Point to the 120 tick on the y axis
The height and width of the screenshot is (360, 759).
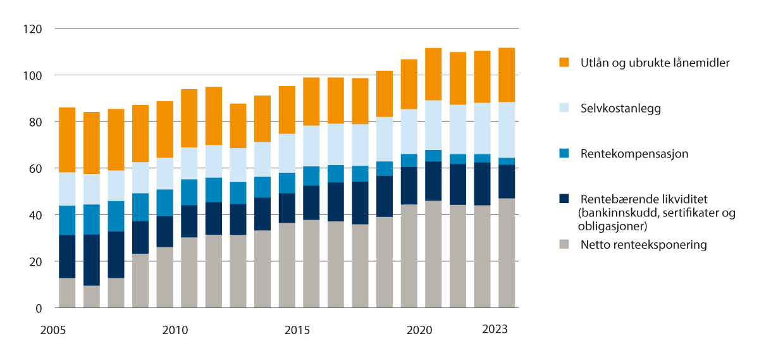[33, 29]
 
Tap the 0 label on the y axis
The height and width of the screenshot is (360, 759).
[38, 308]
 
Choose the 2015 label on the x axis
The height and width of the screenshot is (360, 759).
[297, 330]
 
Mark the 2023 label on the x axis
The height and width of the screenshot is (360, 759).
[494, 329]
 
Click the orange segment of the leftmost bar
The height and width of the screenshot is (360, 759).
[66, 140]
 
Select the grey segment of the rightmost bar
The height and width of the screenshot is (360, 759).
[507, 253]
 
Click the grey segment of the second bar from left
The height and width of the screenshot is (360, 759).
[91, 297]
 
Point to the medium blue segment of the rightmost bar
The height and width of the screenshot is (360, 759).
[507, 161]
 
